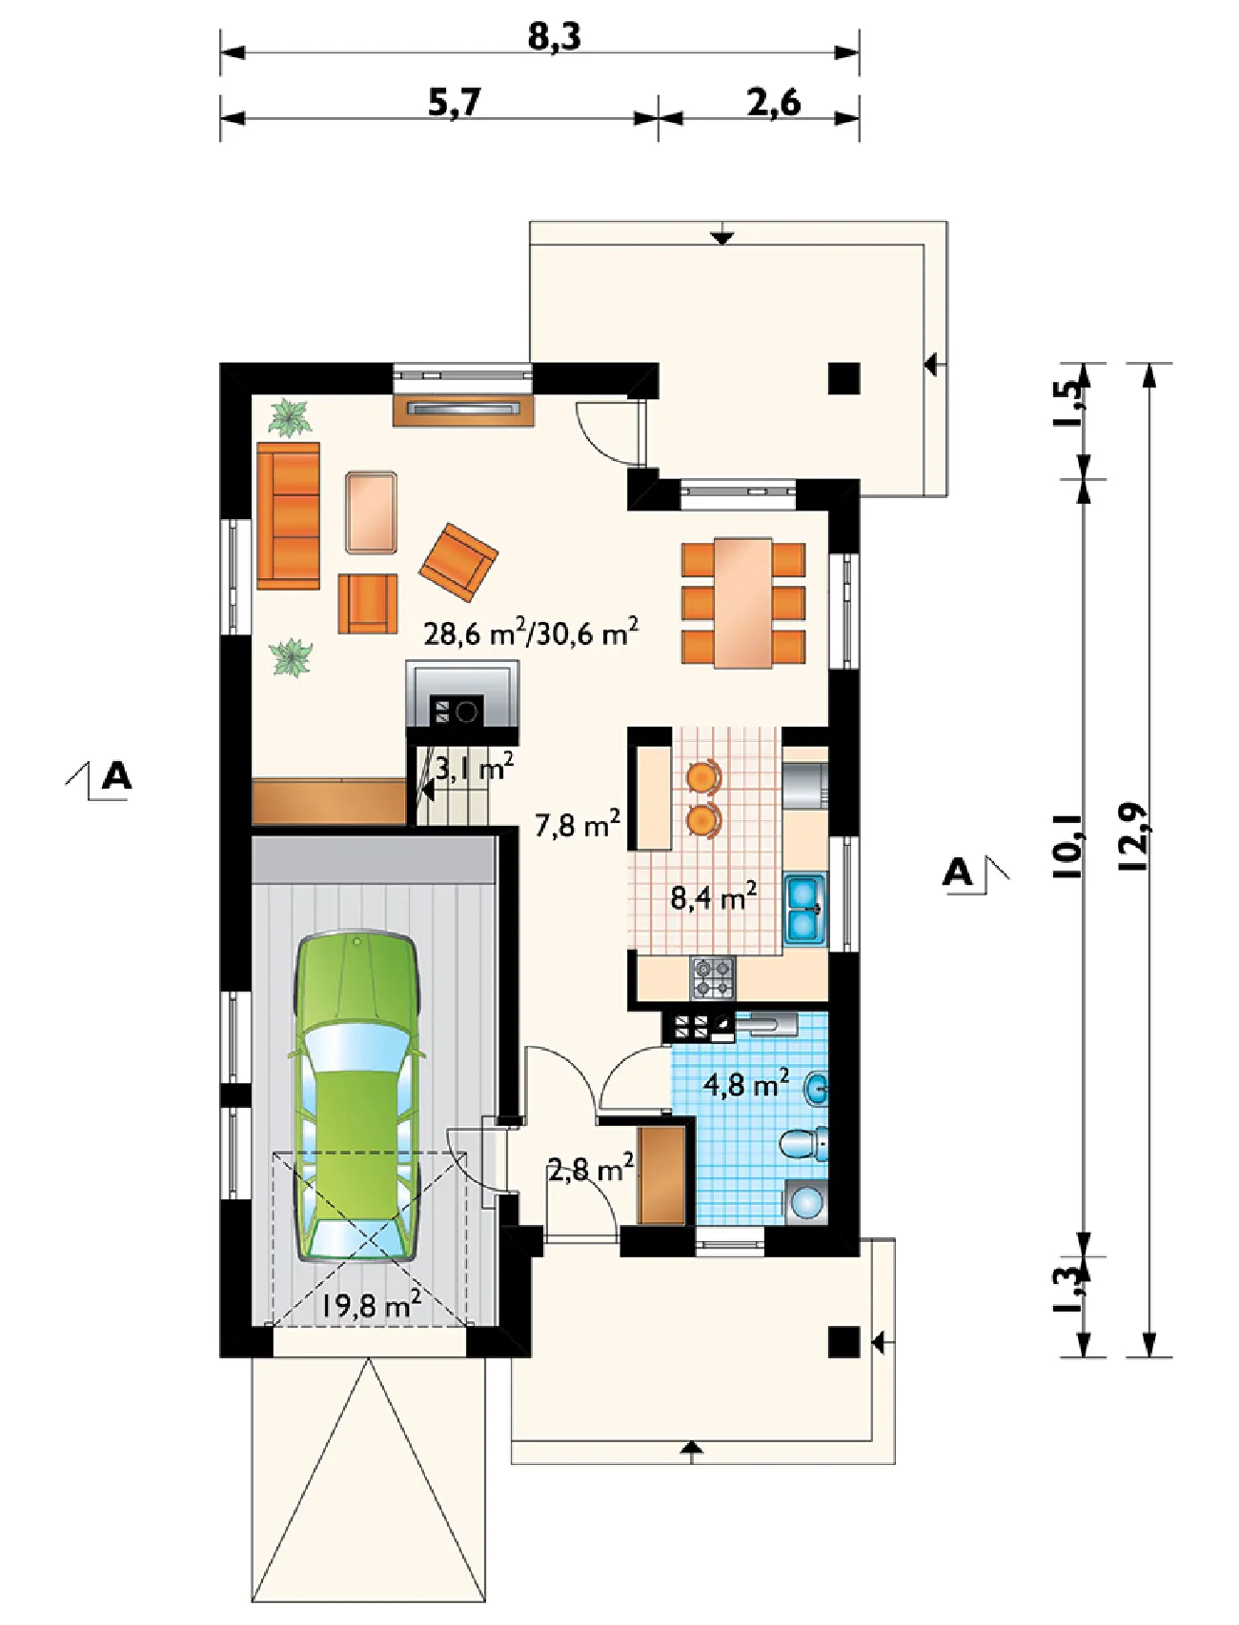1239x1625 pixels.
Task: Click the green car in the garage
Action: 357,1098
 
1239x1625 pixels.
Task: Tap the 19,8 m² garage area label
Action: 371,1304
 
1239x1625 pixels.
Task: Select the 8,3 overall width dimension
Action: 554,36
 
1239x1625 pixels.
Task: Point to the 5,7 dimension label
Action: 455,101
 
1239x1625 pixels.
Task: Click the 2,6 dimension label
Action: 774,101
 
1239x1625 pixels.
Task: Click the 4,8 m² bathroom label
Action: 746,1083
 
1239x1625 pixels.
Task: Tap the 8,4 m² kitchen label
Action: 714,896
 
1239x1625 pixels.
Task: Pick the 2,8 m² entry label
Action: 591,1168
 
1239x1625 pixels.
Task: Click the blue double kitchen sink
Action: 805,910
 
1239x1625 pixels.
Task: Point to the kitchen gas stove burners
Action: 713,978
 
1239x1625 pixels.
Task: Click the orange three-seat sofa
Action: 288,515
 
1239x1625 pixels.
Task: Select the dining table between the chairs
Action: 743,603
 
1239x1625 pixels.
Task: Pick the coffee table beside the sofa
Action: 371,512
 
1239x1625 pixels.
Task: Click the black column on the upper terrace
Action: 843,379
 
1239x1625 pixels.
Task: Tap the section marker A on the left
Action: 115,776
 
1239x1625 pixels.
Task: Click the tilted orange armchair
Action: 458,562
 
